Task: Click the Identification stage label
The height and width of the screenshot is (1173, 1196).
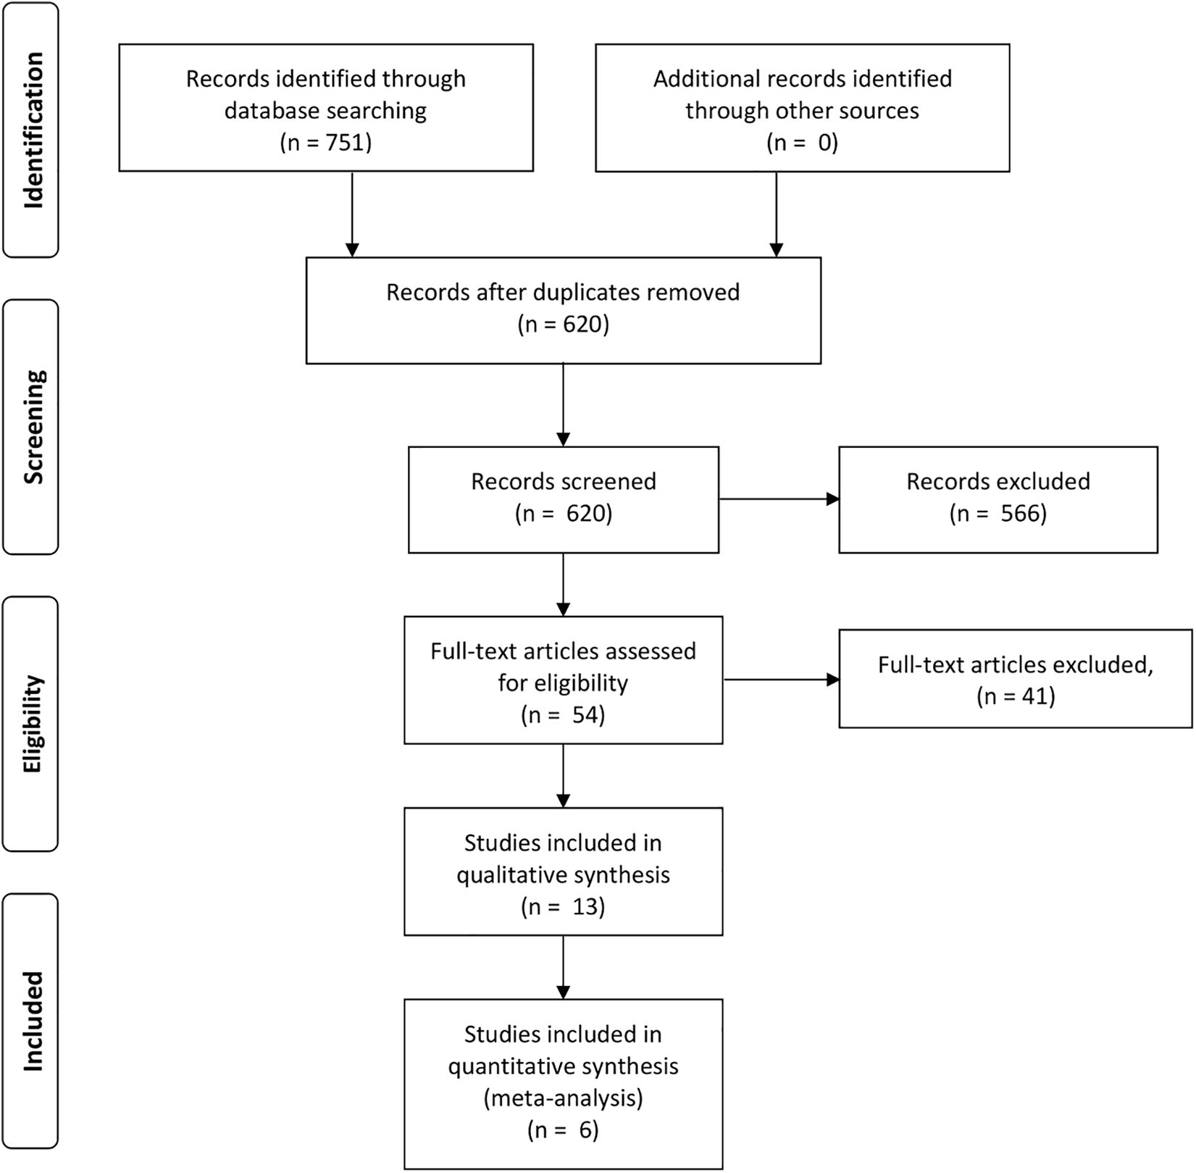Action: [33, 130]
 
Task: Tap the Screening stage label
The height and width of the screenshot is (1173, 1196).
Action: [33, 427]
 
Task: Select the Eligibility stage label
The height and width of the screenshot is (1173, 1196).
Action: [33, 725]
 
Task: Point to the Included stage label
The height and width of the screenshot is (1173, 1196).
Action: [33, 1021]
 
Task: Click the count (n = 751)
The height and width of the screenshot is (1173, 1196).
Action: [326, 143]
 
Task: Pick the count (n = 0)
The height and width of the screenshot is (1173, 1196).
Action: [803, 143]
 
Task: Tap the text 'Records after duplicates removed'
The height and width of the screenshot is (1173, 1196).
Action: [563, 292]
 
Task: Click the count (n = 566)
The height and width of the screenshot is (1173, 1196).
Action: [998, 514]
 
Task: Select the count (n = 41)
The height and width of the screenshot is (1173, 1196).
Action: [1016, 696]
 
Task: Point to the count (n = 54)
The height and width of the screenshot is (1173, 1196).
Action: [563, 715]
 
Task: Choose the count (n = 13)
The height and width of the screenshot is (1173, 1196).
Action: [563, 906]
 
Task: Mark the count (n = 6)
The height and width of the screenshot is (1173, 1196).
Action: [563, 1130]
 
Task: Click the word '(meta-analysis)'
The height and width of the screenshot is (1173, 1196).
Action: [563, 1098]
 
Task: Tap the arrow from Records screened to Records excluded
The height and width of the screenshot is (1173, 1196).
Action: [779, 499]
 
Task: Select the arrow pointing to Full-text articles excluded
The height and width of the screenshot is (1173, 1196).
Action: [781, 680]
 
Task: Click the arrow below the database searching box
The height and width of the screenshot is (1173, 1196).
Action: [352, 214]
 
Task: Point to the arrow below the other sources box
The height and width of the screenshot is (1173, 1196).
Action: [777, 214]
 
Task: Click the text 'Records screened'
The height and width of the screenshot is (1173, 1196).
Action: [564, 482]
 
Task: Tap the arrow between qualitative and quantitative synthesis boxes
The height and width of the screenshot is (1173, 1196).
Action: [563, 967]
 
